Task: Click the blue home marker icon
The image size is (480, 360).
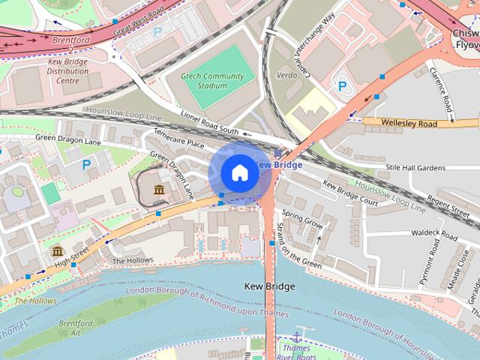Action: pyautogui.click(x=239, y=173)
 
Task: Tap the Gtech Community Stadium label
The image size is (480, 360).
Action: pyautogui.click(x=213, y=81)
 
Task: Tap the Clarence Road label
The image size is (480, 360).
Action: pyautogui.click(x=442, y=94)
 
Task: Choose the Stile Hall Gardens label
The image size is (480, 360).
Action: pyautogui.click(x=415, y=168)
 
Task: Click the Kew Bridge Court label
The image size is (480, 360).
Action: pyautogui.click(x=349, y=193)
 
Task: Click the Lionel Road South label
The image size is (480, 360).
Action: pyautogui.click(x=208, y=122)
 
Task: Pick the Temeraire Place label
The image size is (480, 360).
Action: pyautogui.click(x=178, y=142)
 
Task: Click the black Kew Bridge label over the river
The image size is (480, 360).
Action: pyautogui.click(x=269, y=286)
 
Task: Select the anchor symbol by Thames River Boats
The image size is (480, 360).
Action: pyautogui.click(x=297, y=335)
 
